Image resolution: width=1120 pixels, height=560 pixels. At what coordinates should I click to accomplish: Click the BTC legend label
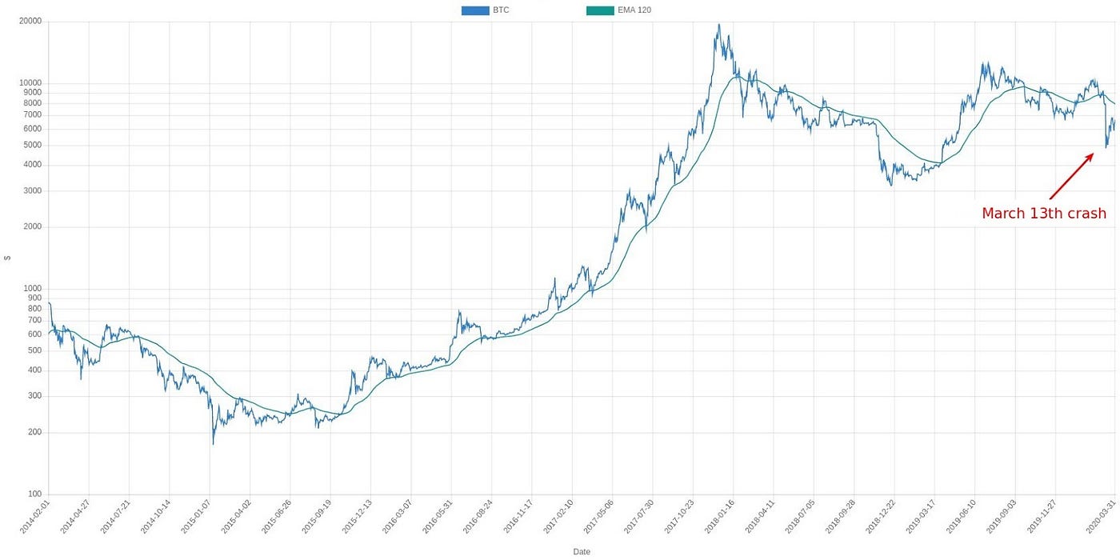[501, 10]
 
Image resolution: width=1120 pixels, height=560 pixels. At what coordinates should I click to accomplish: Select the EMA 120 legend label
[634, 10]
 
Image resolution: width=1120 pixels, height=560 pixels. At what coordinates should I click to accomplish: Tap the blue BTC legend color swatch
[474, 10]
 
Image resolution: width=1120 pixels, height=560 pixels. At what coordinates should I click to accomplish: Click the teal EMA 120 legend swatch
[599, 10]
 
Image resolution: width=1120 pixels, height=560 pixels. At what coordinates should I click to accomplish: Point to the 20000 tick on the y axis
[30, 22]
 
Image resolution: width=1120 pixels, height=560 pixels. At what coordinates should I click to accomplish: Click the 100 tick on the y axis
[34, 494]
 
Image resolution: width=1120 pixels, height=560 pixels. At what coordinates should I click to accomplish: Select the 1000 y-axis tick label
[32, 289]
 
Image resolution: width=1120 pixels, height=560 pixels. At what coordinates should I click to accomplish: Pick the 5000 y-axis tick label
[32, 146]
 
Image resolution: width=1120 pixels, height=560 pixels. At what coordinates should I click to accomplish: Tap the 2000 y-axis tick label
[32, 227]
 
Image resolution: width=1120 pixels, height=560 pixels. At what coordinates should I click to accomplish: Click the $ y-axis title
[7, 258]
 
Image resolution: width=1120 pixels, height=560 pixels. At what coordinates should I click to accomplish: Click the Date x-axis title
[582, 551]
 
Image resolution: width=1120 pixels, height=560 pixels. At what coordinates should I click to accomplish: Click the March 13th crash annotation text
[1043, 214]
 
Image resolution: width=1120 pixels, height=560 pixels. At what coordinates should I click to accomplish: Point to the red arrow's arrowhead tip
[1093, 154]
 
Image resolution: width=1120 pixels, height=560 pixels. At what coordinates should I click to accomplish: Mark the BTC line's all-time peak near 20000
[719, 25]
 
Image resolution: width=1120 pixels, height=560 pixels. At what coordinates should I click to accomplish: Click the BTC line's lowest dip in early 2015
[213, 444]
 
